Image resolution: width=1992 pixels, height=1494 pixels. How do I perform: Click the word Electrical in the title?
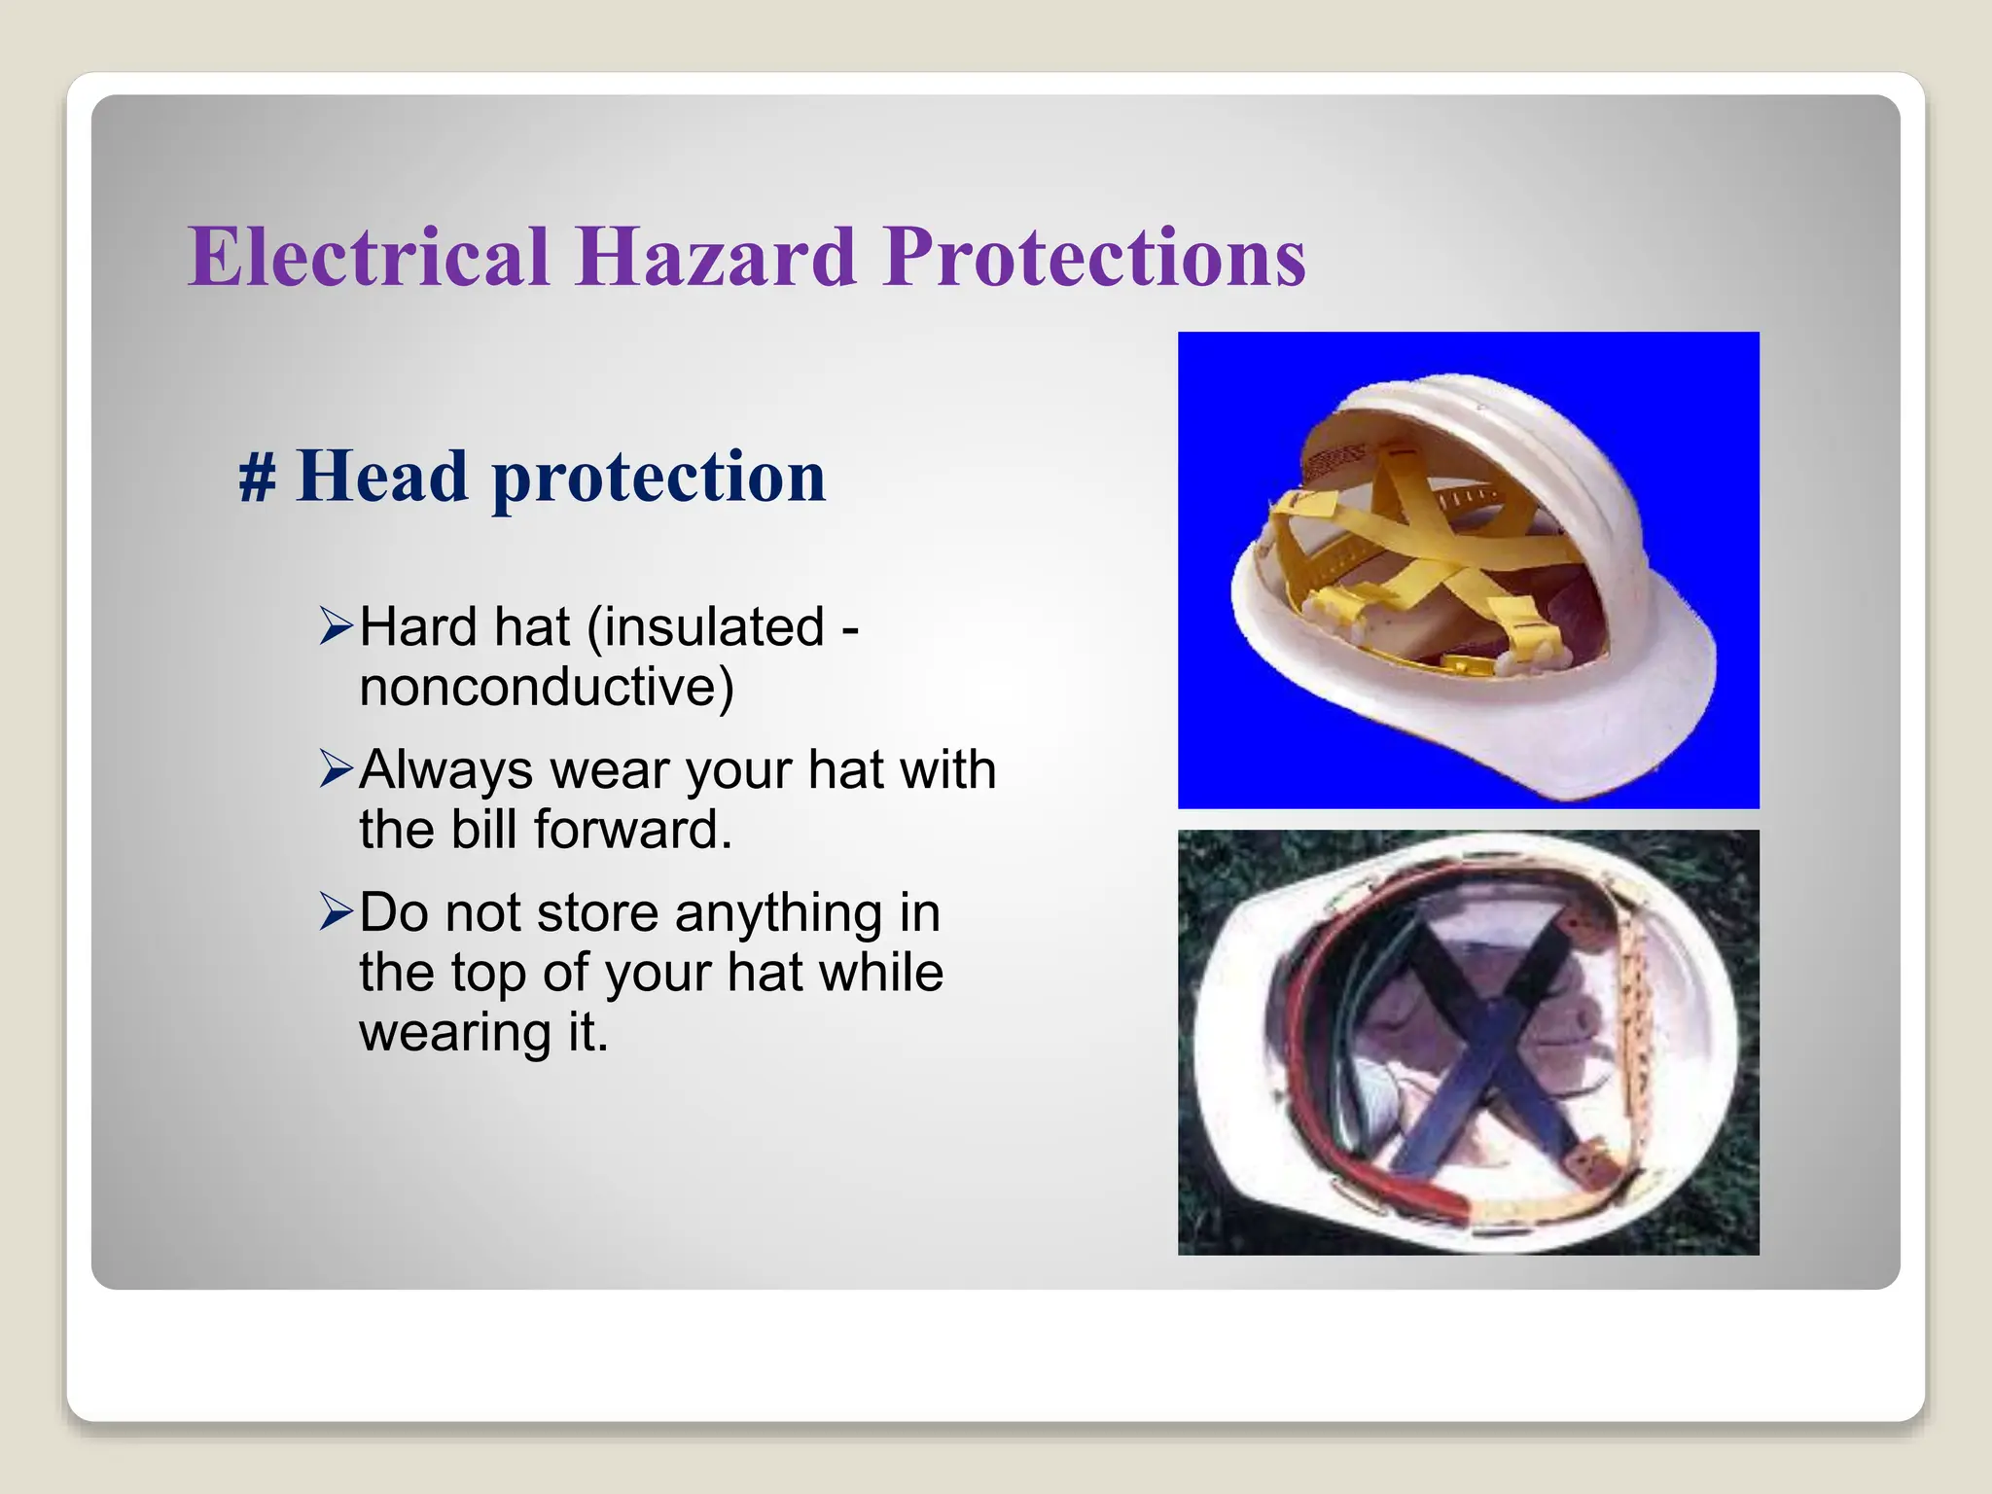click(x=370, y=257)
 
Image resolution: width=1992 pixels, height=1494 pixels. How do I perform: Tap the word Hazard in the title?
click(x=716, y=257)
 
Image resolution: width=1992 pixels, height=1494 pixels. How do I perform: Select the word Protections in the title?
click(x=1094, y=257)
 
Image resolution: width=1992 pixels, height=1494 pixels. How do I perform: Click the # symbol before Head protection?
click(x=257, y=479)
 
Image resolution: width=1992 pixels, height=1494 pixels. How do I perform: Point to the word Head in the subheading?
click(x=382, y=477)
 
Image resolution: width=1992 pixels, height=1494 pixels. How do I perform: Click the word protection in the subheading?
click(x=659, y=479)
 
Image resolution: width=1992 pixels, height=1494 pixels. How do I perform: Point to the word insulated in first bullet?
click(x=706, y=626)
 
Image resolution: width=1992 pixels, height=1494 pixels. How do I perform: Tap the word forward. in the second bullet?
click(x=632, y=830)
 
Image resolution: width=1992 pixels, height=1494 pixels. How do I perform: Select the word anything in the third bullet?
click(x=778, y=913)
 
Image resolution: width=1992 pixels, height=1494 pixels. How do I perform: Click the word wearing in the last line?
click(x=455, y=1032)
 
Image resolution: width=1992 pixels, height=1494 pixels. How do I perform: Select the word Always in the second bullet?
click(x=445, y=770)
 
